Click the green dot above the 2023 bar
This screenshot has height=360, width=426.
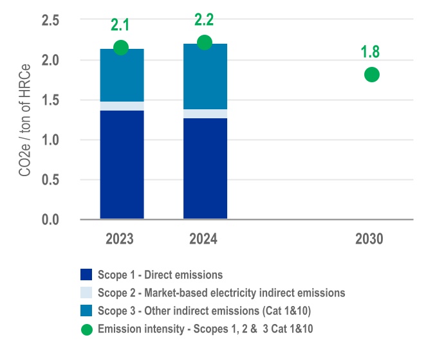[x=120, y=48]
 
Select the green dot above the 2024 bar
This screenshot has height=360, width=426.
[x=205, y=42]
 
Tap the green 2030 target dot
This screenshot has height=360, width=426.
[x=371, y=75]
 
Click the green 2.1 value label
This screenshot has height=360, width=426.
[x=120, y=25]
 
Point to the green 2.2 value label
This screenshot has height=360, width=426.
[x=205, y=20]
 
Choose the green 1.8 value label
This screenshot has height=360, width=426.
[x=371, y=52]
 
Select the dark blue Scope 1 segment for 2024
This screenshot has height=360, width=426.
[x=205, y=168]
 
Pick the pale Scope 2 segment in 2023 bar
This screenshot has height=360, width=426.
[x=122, y=106]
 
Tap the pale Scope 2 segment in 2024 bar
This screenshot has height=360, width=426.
[x=205, y=114]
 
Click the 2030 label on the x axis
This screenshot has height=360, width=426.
[x=369, y=240]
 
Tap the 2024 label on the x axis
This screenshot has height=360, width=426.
[x=203, y=240]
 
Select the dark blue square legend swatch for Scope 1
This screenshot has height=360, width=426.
[x=86, y=274]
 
